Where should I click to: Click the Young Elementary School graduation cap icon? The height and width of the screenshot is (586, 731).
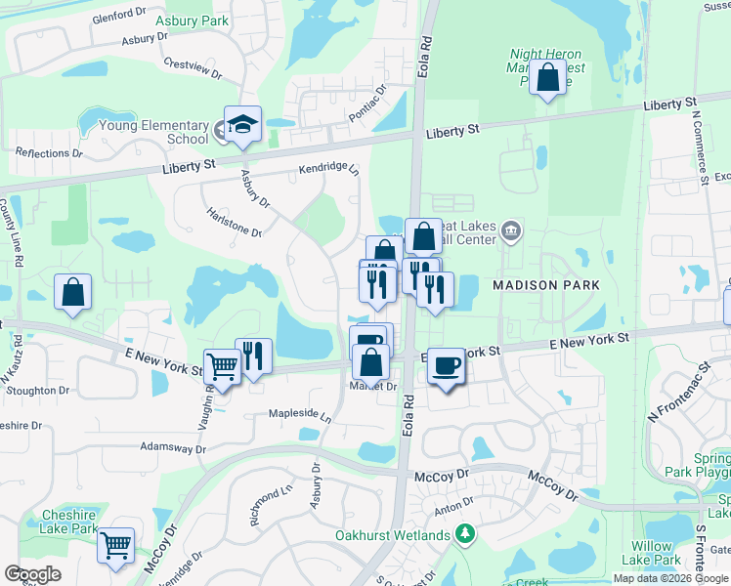241,125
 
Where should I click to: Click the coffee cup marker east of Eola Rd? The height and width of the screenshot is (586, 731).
446,365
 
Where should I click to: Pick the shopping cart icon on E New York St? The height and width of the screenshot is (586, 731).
222,366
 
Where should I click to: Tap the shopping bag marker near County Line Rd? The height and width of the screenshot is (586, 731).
72,291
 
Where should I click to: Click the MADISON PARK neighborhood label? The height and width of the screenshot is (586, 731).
538,284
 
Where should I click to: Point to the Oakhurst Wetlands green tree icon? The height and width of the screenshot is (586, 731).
466,534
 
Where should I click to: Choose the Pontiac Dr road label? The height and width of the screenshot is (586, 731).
367,103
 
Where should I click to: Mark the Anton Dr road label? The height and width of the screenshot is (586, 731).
453,505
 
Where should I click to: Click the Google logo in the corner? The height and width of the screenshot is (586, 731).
33,573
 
